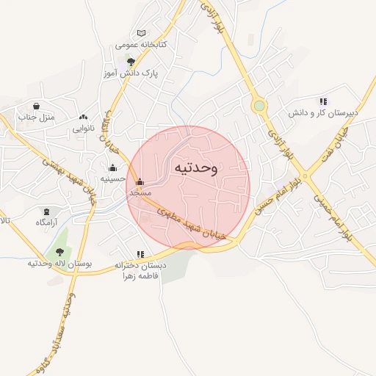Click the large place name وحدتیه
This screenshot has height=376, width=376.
[x=195, y=168]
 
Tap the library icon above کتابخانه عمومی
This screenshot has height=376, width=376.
[x=141, y=34]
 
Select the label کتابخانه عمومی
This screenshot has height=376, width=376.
[x=141, y=45]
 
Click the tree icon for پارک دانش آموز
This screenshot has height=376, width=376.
[x=131, y=62]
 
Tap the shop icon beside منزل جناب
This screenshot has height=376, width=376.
[x=37, y=106]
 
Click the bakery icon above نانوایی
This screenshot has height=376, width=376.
[x=83, y=116]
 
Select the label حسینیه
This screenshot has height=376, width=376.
[x=112, y=178]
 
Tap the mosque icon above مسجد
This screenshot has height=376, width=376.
[x=140, y=181]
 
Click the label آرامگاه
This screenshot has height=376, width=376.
[x=47, y=221]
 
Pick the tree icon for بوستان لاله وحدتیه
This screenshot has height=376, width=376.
[x=59, y=252]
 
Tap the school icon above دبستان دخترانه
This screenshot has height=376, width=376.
[x=140, y=254]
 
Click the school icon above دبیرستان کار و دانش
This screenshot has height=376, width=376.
[x=323, y=101]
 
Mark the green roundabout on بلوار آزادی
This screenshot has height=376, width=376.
[x=258, y=106]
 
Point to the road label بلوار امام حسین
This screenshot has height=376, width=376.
[x=280, y=190]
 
